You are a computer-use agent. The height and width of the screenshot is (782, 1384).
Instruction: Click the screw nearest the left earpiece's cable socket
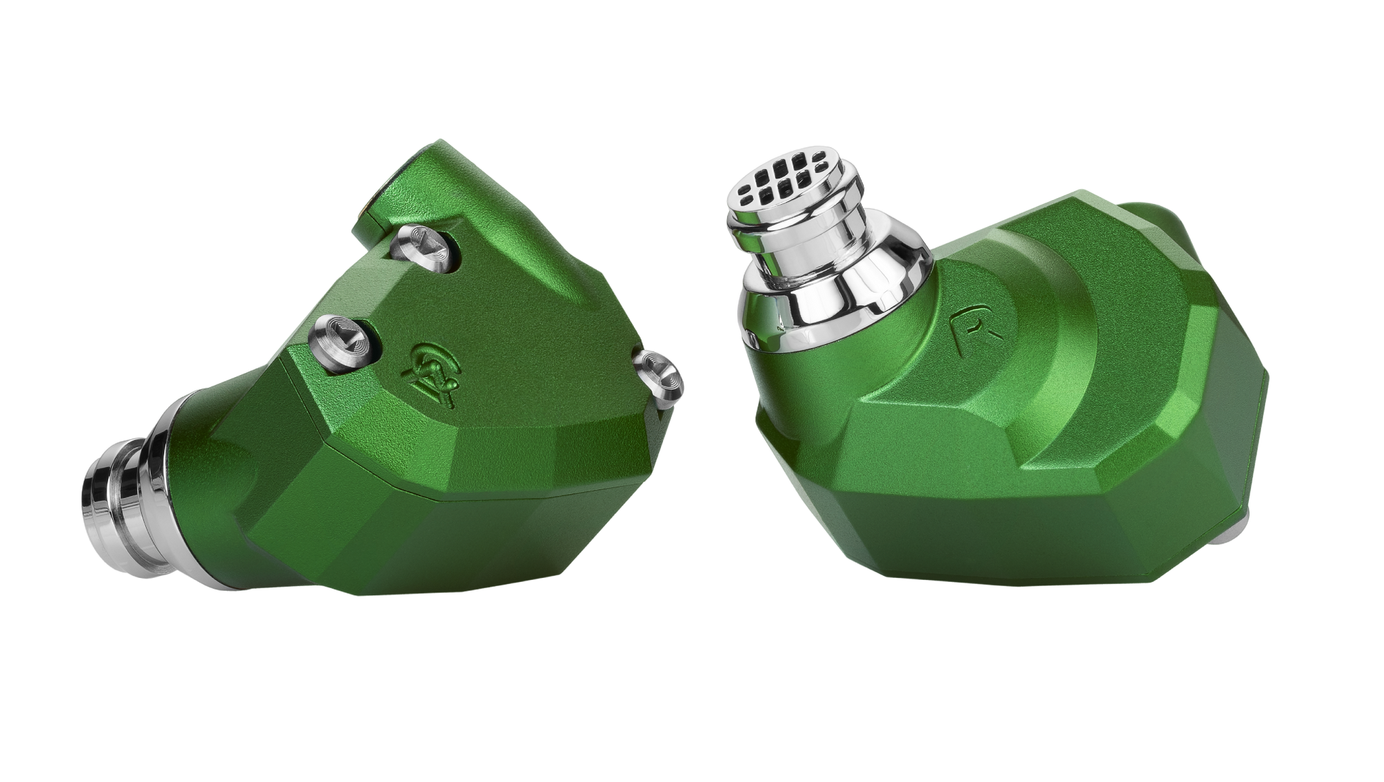420,244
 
